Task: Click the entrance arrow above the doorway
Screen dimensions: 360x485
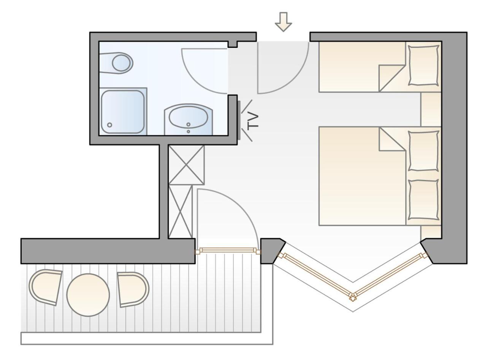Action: (283, 22)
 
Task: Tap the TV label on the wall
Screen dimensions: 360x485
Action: (253, 121)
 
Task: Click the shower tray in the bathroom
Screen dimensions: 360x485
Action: (123, 111)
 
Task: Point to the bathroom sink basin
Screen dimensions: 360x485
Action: (188, 117)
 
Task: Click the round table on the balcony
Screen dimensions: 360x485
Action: (88, 295)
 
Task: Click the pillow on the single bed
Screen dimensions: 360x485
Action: (423, 65)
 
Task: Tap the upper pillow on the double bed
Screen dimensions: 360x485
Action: (423, 151)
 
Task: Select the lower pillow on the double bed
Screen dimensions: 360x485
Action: (423, 200)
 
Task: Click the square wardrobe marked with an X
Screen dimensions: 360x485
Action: (186, 165)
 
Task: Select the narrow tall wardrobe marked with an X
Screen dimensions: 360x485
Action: (180, 212)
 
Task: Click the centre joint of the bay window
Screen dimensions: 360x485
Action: (353, 297)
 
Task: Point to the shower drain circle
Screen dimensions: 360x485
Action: (110, 125)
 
